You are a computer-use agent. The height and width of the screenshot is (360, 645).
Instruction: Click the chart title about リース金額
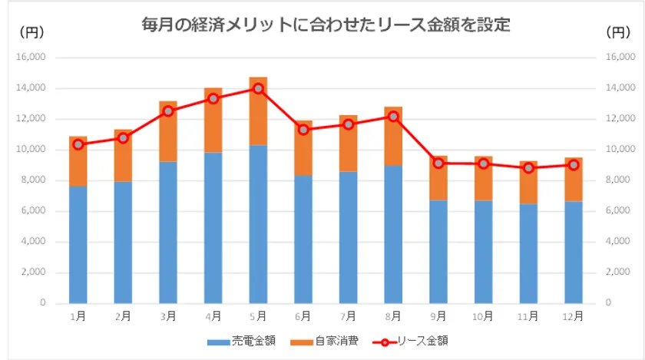point(326,25)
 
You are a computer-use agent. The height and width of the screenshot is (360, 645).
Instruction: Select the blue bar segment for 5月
point(258,224)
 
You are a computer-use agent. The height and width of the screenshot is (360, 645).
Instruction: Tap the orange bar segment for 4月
point(213,120)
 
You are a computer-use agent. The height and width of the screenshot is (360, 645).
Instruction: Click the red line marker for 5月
point(258,89)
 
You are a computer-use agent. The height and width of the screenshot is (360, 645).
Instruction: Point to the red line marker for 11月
point(528,167)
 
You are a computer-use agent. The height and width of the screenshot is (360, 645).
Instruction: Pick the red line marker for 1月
point(78,144)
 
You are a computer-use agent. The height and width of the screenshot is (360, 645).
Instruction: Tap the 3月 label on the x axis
point(168,315)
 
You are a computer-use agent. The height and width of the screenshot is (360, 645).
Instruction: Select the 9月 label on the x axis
point(438,315)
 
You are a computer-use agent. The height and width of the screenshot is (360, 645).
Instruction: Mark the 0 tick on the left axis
point(43,303)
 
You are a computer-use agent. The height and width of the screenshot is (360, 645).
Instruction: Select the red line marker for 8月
point(393,117)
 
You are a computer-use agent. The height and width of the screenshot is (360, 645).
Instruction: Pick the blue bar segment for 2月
point(123,242)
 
